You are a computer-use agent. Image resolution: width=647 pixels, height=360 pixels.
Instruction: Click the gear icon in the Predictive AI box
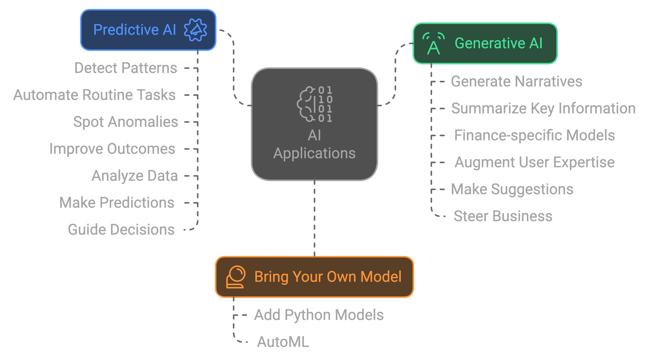195,30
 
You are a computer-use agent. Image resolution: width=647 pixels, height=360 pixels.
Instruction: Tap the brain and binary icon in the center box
315,104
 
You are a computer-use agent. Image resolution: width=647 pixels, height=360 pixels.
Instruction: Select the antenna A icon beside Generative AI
433,44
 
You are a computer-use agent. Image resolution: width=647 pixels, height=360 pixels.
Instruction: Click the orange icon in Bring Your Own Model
236,277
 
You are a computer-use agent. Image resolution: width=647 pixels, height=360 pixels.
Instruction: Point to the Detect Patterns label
125,68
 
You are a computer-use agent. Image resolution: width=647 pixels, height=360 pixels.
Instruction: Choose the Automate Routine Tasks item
94,95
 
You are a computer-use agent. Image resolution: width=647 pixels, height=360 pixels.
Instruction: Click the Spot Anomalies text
125,122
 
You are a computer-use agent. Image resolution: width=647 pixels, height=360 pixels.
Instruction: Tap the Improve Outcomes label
112,149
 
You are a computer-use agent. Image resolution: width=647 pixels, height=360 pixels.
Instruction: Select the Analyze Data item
135,176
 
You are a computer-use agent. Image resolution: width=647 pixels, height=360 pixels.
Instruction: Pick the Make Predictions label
117,203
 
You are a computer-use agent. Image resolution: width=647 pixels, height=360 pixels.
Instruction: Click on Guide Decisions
121,229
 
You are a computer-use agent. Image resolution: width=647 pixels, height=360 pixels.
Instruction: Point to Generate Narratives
516,81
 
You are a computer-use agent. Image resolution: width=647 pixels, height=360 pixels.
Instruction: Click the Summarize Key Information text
543,108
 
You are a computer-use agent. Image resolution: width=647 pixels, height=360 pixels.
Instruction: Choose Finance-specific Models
534,135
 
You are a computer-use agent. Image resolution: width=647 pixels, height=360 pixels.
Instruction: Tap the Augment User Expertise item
534,162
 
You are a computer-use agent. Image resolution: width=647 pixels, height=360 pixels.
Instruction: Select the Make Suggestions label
512,189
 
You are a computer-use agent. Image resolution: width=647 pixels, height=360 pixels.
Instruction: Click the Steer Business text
503,216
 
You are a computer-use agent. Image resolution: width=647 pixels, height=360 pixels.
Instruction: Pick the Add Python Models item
319,315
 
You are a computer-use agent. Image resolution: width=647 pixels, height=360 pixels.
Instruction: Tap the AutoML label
283,342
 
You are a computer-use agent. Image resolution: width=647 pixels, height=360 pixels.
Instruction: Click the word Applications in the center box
314,153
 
